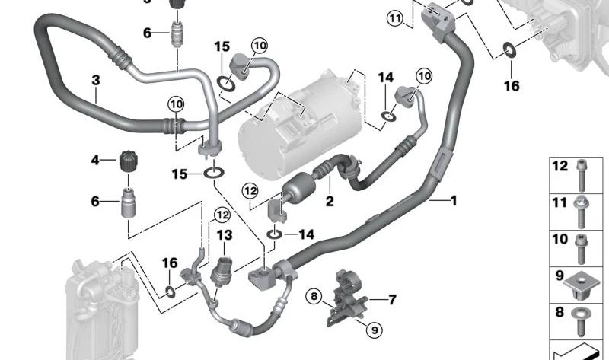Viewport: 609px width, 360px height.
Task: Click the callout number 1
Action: tap(453, 200)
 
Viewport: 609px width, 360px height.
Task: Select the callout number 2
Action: tap(330, 201)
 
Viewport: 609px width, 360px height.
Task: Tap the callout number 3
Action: tap(96, 81)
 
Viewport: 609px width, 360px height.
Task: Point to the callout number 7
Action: tap(392, 299)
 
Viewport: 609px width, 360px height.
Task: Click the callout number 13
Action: tap(224, 235)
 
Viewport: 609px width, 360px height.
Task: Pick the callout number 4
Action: tap(95, 160)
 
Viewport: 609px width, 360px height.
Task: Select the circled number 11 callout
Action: tap(395, 18)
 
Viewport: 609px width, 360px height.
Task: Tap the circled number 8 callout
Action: tap(314, 297)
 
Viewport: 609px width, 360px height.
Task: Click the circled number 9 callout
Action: tap(375, 330)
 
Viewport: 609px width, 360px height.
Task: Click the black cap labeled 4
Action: tap(129, 161)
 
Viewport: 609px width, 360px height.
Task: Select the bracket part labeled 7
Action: tap(348, 298)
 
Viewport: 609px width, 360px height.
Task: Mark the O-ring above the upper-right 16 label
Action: tap(509, 49)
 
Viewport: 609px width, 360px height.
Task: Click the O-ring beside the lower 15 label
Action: tap(214, 174)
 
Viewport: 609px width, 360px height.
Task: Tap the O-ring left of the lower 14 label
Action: tap(274, 234)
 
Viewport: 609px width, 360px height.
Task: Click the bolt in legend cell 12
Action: tap(582, 176)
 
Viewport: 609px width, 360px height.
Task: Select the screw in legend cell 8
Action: tap(581, 323)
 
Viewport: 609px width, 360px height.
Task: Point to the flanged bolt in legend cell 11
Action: tap(582, 212)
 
